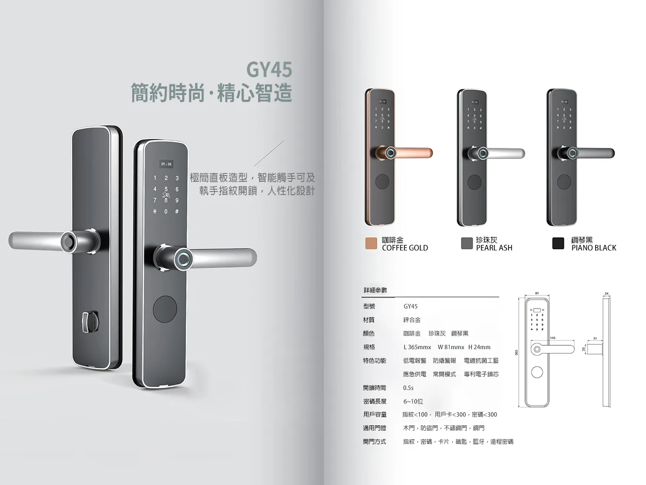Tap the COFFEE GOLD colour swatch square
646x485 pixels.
pos(371,243)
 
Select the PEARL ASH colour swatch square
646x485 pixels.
pos(466,243)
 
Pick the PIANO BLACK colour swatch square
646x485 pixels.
pos(558,243)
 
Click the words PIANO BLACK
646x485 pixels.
pos(594,248)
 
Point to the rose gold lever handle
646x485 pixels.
pos(412,153)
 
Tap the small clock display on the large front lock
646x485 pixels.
pos(166,164)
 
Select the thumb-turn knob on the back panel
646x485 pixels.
pos(89,322)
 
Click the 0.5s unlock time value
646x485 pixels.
pos(408,388)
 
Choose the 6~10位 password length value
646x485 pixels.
pos(413,402)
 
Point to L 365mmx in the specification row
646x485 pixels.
pos(417,347)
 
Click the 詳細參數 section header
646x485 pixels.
pos(375,291)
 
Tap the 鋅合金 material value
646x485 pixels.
pos(412,320)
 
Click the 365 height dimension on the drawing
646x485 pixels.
pos(517,353)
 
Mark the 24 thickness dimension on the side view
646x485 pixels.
pos(607,293)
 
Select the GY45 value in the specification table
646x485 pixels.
pos(410,307)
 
